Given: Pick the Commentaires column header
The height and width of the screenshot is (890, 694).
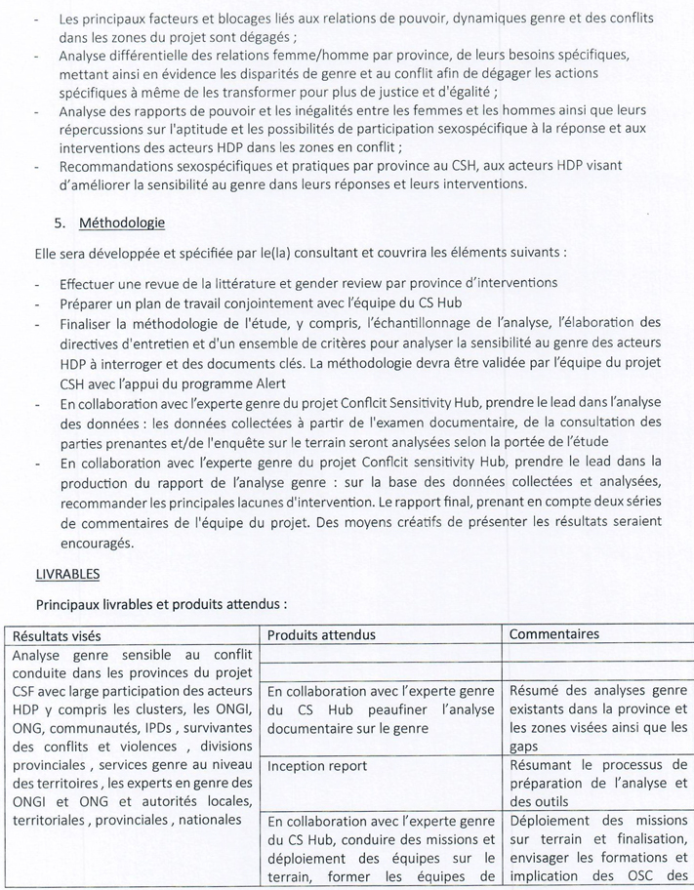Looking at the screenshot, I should pos(554,634).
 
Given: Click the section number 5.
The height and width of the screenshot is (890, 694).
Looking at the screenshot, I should pos(59,223).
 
